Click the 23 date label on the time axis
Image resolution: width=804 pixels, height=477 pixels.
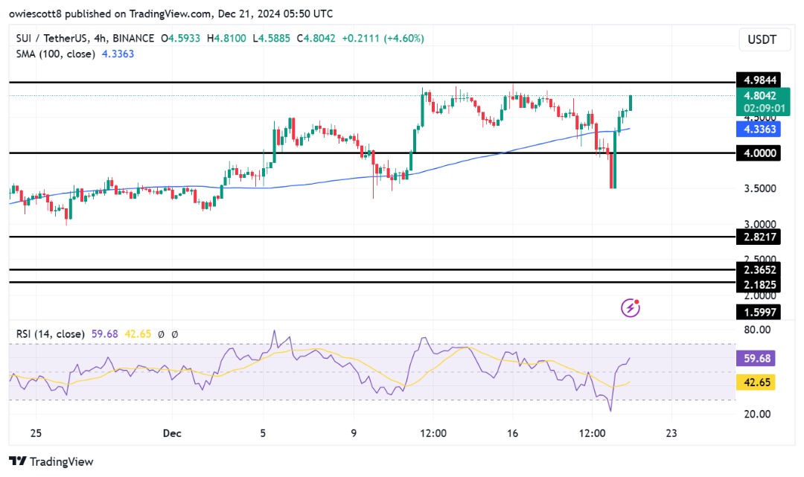(x=671, y=432)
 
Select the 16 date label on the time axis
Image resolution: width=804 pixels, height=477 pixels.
(x=512, y=432)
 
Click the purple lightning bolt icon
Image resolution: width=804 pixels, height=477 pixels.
(x=631, y=307)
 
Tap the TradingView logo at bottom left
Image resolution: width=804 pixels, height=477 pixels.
(x=51, y=461)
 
